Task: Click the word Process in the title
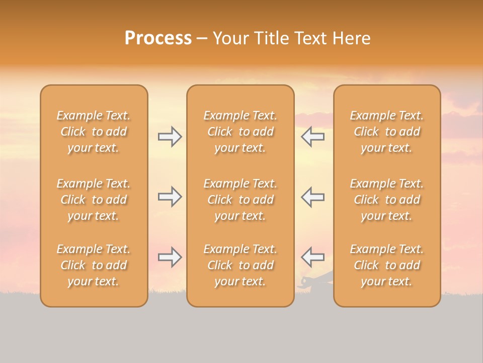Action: point(158,38)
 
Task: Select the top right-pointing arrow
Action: point(170,137)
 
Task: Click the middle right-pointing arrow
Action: point(170,197)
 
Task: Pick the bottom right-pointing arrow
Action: point(170,257)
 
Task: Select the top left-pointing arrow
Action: point(312,137)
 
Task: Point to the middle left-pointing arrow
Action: point(312,197)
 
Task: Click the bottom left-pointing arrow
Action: point(312,257)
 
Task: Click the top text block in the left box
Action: point(94,132)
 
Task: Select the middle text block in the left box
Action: point(94,200)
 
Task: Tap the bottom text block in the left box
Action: point(94,265)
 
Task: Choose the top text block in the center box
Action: point(240,132)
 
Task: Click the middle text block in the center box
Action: point(240,200)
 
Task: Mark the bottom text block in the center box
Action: point(240,265)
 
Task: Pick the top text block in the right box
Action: point(386,132)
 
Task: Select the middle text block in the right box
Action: point(386,200)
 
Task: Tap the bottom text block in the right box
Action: point(386,265)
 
